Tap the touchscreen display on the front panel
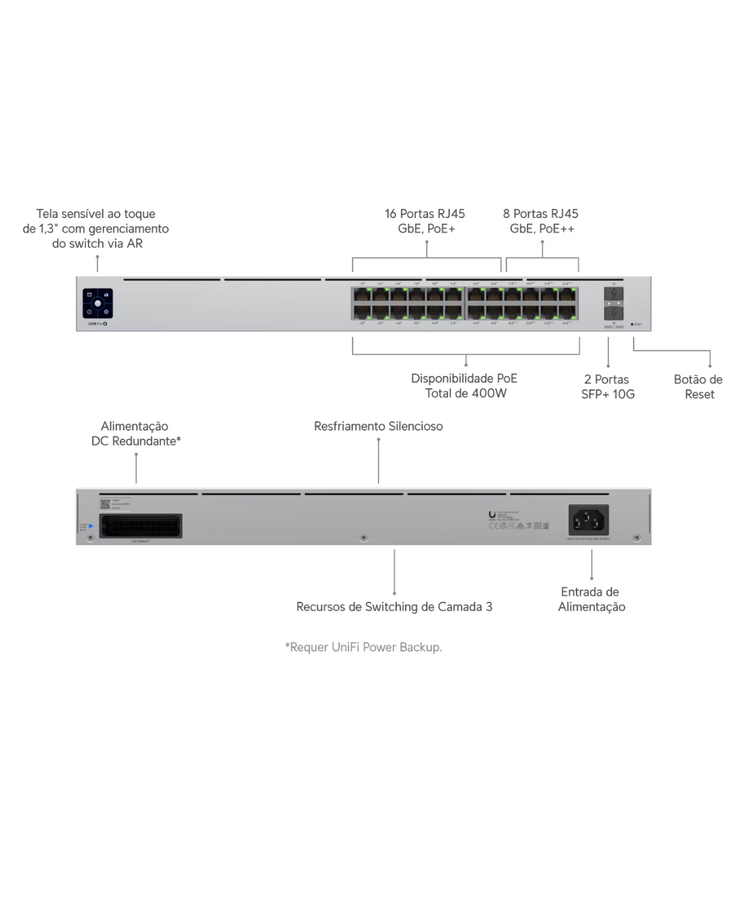(98, 304)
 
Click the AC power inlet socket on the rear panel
(588, 521)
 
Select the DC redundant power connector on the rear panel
(141, 526)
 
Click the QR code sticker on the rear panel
(105, 504)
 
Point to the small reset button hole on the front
(632, 325)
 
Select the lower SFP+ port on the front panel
(613, 312)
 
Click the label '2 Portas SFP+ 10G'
(607, 387)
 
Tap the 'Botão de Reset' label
(698, 387)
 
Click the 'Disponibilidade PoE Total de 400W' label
(465, 386)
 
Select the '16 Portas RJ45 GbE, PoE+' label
(426, 221)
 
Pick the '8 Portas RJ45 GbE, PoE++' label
(542, 221)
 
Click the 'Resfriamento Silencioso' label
(378, 426)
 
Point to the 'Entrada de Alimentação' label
(591, 599)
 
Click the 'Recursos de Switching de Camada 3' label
(394, 607)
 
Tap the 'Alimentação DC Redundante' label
(136, 434)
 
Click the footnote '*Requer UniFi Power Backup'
(364, 647)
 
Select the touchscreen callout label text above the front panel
(96, 230)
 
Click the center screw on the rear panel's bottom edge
(363, 538)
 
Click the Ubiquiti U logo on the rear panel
(491, 515)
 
